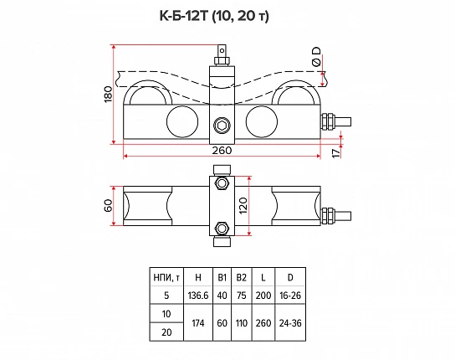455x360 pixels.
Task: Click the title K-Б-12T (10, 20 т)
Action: pos(214,16)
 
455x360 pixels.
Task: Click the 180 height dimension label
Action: pos(108,94)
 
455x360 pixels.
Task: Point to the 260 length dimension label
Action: pos(222,151)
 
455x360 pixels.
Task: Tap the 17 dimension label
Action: pos(336,153)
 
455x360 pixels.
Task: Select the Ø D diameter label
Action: pos(317,57)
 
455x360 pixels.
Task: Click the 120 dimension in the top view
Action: pos(243,206)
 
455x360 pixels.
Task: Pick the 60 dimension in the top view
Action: pos(108,206)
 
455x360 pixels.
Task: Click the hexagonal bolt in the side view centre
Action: pos(222,126)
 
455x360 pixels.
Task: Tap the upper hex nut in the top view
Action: pos(222,183)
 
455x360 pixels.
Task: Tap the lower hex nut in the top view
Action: pos(222,229)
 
